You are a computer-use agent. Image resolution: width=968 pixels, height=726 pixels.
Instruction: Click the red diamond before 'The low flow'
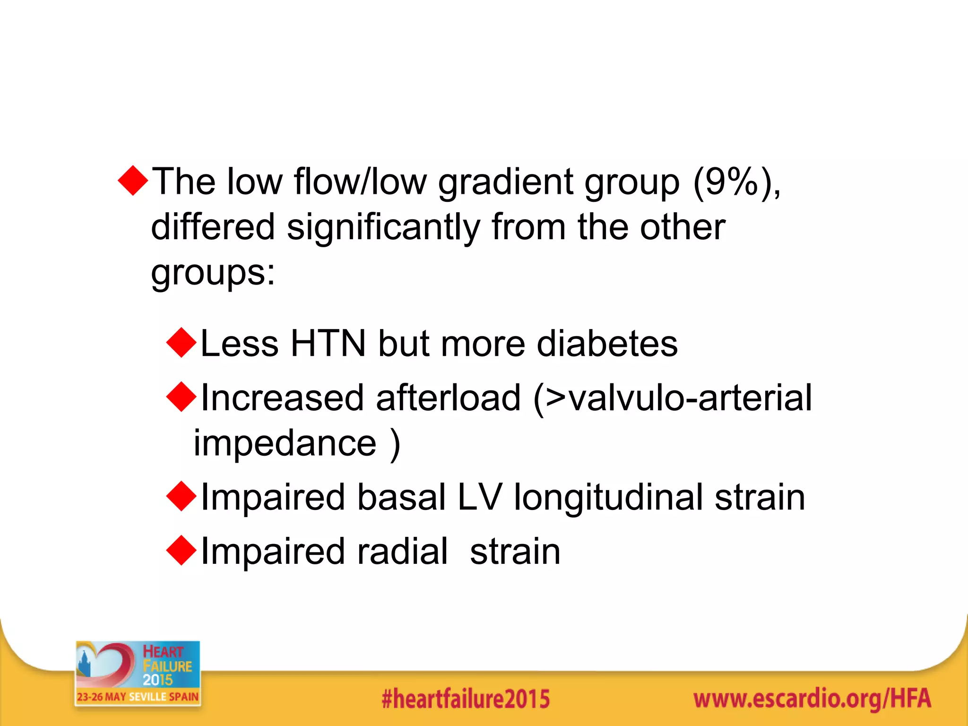pyautogui.click(x=133, y=181)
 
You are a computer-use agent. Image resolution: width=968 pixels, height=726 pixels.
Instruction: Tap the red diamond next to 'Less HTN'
pyautogui.click(x=181, y=343)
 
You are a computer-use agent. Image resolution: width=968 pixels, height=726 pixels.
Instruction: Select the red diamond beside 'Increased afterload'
pyautogui.click(x=181, y=397)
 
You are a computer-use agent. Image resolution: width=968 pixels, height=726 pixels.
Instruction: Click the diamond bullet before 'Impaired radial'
pyautogui.click(x=181, y=551)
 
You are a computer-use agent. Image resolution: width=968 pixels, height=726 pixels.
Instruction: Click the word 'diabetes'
pyautogui.click(x=607, y=343)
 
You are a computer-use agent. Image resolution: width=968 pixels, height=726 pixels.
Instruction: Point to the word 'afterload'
pyautogui.click(x=448, y=398)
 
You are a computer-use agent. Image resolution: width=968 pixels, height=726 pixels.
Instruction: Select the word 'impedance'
pyautogui.click(x=285, y=443)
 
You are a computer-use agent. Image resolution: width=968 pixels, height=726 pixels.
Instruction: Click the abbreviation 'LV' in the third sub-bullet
pyautogui.click(x=479, y=497)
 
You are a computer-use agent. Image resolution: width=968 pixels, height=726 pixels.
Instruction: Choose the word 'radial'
pyautogui.click(x=402, y=551)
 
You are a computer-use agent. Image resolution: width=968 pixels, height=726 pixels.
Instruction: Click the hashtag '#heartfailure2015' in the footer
pyautogui.click(x=466, y=699)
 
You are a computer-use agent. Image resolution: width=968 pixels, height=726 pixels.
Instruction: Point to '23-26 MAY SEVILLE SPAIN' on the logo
pyautogui.click(x=138, y=697)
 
